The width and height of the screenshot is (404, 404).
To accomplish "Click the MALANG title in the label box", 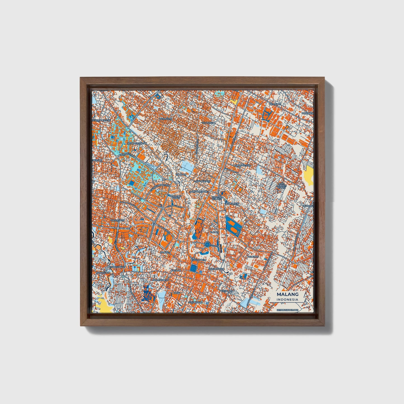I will (287, 294).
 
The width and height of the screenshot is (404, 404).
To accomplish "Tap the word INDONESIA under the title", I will (287, 299).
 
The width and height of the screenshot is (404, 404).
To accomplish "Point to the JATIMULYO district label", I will (166, 119).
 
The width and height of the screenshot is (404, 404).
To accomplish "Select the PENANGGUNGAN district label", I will (137, 143).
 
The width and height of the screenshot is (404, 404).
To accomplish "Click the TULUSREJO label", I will (209, 122).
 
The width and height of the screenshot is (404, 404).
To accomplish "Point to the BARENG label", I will (165, 252).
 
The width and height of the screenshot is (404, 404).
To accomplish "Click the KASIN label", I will (177, 293).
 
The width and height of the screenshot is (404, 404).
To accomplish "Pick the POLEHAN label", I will (253, 256).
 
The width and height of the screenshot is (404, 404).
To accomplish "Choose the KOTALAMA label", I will (226, 291).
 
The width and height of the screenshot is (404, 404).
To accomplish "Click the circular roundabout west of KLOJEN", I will (207, 245).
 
